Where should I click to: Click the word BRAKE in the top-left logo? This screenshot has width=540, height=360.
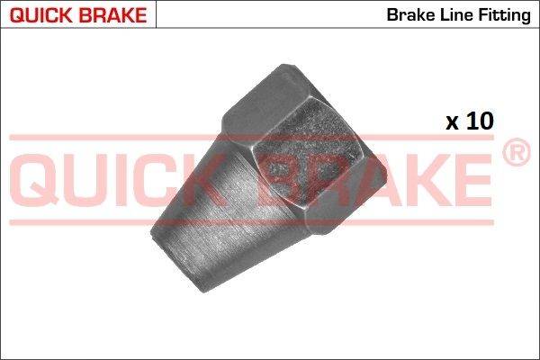(x=112, y=15)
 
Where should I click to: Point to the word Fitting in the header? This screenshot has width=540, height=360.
(x=504, y=16)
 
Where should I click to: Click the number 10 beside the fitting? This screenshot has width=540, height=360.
(x=480, y=121)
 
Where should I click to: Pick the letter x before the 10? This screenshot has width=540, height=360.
(x=452, y=123)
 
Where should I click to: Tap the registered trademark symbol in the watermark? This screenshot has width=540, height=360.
(x=517, y=152)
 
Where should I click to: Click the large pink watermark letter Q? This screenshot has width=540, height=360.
(x=34, y=179)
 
